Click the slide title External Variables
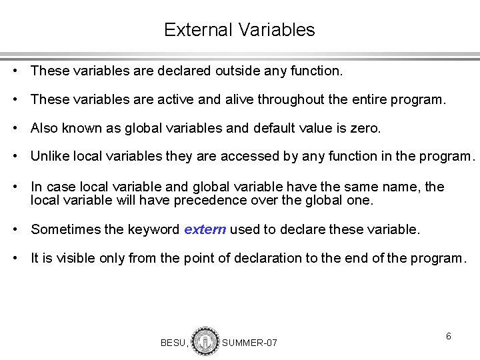coord(239,30)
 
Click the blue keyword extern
coord(205,230)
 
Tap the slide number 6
coord(449,337)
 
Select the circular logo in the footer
coord(205,341)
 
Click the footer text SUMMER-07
coord(249,343)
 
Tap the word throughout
coord(291,99)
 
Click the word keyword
coord(155,230)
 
